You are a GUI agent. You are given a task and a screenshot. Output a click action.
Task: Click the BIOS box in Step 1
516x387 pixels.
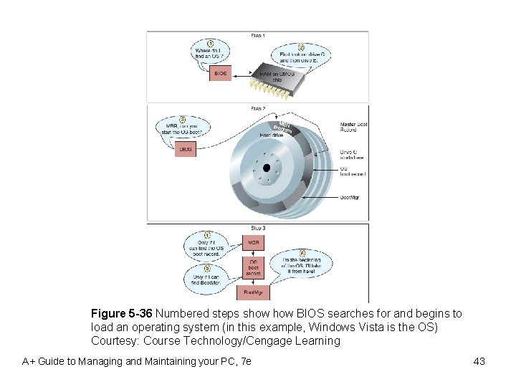(221, 73)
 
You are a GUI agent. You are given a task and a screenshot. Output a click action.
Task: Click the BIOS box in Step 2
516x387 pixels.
(186, 149)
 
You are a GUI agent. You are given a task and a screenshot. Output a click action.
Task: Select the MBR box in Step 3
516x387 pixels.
(254, 243)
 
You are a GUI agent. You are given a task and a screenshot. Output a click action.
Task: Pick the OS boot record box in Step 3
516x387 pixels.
(254, 268)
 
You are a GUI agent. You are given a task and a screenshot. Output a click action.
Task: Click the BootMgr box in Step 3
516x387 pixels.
(254, 292)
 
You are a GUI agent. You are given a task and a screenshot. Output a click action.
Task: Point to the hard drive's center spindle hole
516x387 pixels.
(266, 168)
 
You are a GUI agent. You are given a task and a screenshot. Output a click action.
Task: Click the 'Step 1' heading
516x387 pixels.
(258, 35)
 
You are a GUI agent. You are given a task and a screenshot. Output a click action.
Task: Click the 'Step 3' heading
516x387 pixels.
(258, 228)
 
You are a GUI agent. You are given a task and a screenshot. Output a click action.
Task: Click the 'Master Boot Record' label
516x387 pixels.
(354, 127)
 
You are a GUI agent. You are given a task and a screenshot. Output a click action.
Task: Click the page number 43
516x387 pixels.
(479, 361)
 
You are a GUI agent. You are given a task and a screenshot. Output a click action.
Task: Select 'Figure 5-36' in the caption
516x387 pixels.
(122, 314)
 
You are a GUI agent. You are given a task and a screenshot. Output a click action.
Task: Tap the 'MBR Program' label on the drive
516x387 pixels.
(285, 128)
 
